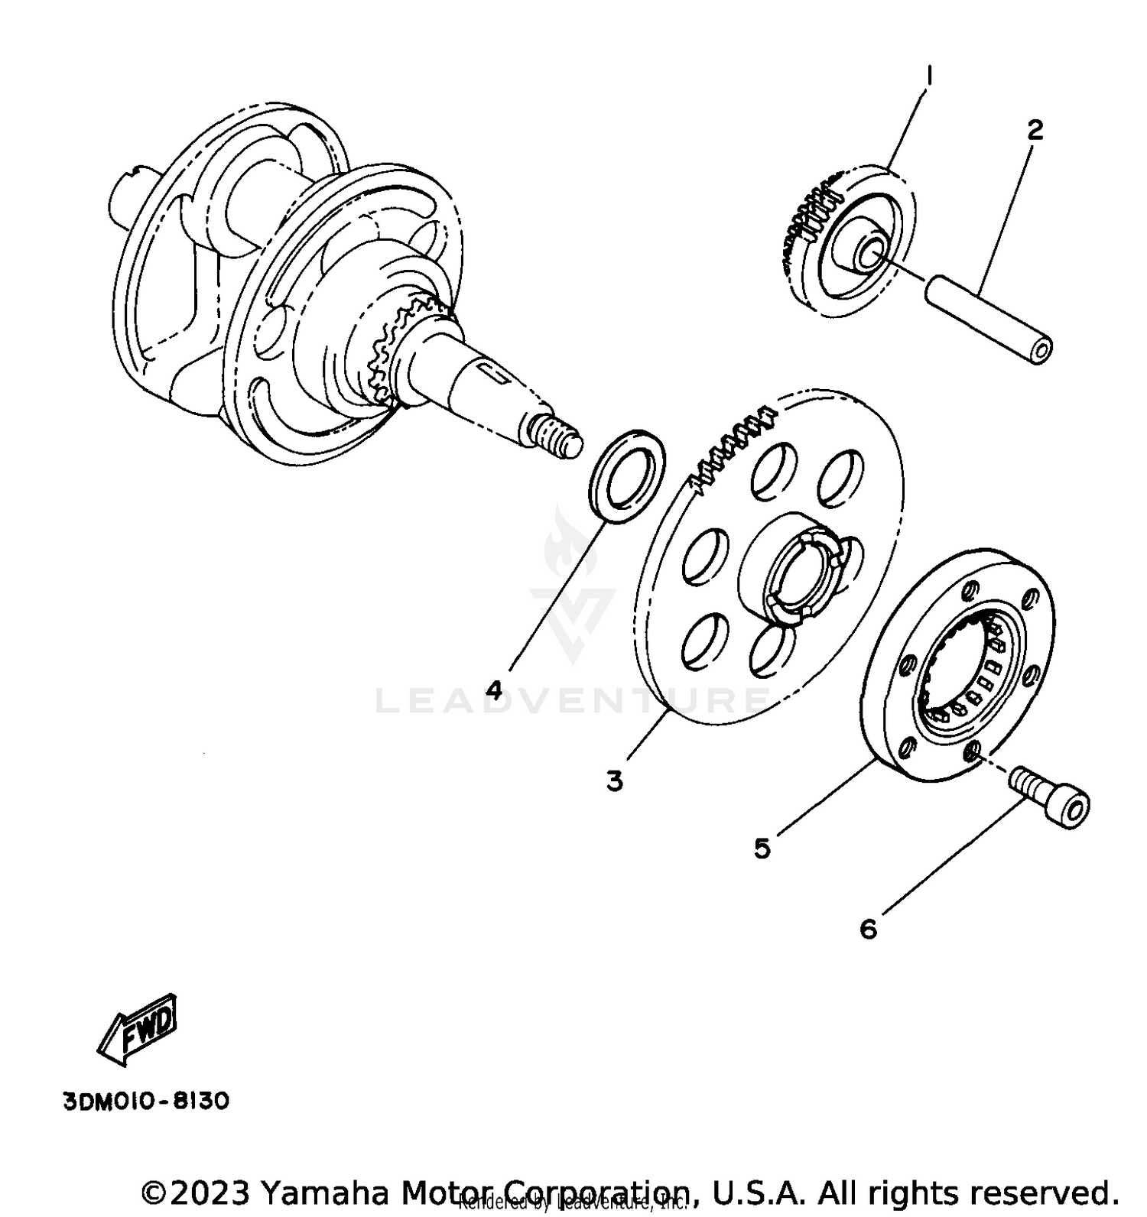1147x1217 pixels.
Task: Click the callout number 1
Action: click(929, 76)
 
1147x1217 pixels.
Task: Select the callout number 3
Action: click(615, 781)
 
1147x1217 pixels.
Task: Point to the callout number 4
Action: click(495, 690)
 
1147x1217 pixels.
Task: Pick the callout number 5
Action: click(762, 848)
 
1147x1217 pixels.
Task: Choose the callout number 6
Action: click(868, 929)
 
